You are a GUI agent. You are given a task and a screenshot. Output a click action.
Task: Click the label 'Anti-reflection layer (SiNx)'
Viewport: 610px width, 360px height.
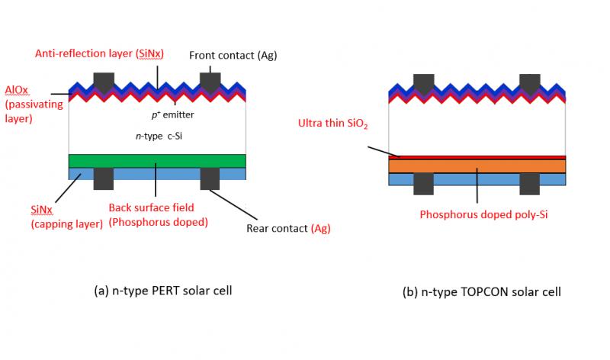point(99,53)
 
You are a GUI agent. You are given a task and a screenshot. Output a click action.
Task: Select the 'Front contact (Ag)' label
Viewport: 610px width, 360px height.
point(233,55)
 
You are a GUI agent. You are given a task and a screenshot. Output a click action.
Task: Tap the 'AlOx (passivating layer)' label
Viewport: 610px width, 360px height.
point(34,104)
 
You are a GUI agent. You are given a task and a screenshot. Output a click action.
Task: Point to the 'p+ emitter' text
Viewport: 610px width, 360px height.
point(173,114)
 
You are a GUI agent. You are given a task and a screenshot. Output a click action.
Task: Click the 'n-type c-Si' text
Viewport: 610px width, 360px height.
point(159,137)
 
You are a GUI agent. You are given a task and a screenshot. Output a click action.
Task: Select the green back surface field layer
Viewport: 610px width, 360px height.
point(157,161)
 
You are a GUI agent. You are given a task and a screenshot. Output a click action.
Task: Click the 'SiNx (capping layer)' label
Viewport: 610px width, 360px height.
point(67,217)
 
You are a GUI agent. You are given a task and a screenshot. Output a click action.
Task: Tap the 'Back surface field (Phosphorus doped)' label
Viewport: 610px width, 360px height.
point(158,214)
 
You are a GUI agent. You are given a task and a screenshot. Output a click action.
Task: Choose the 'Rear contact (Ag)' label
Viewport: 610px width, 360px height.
point(288,228)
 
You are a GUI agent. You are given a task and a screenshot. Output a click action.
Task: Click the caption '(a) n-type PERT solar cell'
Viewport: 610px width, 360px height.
point(163,291)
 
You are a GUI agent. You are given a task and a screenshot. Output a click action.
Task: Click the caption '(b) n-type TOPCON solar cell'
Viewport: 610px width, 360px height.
point(482,291)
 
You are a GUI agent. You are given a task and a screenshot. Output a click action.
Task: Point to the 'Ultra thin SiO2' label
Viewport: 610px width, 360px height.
point(332,124)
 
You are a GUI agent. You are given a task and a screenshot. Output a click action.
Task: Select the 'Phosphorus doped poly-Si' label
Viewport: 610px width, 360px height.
point(483,214)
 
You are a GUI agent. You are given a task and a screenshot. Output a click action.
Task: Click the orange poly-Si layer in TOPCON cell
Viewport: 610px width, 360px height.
point(477,166)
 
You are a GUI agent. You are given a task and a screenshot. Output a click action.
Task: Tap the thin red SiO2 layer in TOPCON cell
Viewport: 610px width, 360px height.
point(477,158)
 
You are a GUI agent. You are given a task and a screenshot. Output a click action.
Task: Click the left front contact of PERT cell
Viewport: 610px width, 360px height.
point(104,82)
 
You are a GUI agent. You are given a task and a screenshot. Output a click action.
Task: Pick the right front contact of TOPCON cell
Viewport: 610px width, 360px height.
point(530,84)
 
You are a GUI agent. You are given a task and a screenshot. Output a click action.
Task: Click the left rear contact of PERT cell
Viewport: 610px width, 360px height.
point(104,178)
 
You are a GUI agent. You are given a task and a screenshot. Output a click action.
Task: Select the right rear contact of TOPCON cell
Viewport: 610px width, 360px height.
point(529,184)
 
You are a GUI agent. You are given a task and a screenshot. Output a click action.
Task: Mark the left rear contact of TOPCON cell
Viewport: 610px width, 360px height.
point(424,184)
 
